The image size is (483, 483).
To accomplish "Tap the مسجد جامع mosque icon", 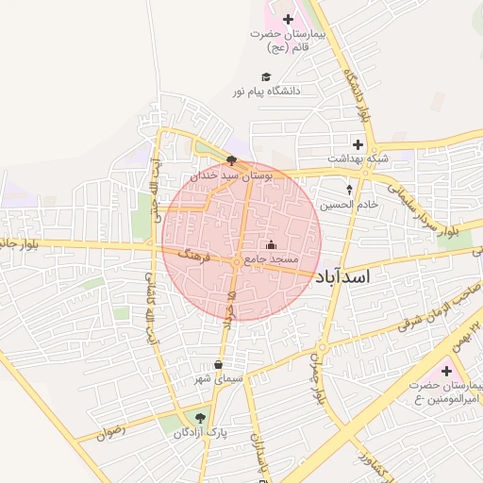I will point(272,246).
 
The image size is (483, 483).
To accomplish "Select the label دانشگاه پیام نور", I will point(267,92).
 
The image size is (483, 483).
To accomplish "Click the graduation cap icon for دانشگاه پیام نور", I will point(267,77).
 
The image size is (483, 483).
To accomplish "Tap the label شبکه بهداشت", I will point(358,158).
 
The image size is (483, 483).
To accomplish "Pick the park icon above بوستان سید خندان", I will point(232,160).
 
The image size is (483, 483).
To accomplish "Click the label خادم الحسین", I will point(349,204).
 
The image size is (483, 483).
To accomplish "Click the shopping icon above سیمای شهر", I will point(219,365).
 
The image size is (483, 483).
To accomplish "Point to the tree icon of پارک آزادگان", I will point(198,418).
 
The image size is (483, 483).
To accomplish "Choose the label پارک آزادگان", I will point(196,432).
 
